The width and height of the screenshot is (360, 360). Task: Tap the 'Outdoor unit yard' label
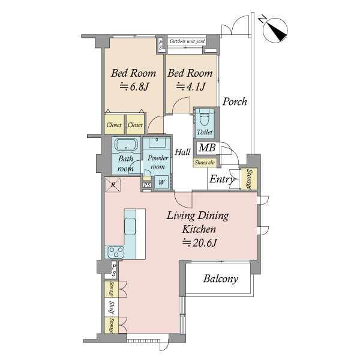[x=187, y=41]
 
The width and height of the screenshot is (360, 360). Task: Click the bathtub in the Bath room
[x=126, y=145]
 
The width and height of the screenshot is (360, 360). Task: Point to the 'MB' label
[x=207, y=148]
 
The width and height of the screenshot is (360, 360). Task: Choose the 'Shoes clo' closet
[x=205, y=163]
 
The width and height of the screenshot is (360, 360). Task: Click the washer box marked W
[x=161, y=182]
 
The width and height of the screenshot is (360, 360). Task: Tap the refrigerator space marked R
[x=113, y=185]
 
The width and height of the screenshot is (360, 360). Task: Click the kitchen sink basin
[x=130, y=226]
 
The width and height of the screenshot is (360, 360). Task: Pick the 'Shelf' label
[x=111, y=307]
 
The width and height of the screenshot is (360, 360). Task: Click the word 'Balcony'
[x=220, y=279]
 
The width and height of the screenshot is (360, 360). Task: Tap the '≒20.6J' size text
[x=200, y=242]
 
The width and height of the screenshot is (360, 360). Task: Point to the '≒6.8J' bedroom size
[x=134, y=86]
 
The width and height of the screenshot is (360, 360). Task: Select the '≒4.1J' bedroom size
[x=191, y=86]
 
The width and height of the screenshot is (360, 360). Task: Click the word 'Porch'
[x=235, y=101]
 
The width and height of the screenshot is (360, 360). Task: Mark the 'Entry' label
[x=222, y=179]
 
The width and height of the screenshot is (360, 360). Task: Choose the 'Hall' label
[x=183, y=152]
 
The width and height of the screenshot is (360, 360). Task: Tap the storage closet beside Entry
[x=248, y=179]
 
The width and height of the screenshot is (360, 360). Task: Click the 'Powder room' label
[x=158, y=162]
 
